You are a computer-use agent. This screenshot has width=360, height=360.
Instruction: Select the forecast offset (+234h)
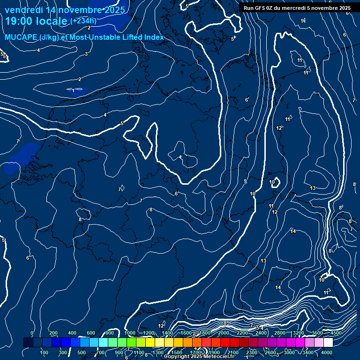(83, 21)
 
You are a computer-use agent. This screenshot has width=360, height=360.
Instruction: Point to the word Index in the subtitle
(153, 37)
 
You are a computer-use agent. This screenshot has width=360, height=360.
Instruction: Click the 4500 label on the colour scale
(337, 333)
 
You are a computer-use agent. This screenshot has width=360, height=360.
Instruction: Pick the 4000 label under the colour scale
(327, 352)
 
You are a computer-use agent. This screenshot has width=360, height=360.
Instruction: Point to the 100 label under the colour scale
(45, 352)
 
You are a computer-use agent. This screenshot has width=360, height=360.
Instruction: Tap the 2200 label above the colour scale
(242, 333)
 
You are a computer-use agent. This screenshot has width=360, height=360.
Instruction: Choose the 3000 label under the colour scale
(290, 352)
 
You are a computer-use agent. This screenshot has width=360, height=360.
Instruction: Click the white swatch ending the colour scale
(328, 343)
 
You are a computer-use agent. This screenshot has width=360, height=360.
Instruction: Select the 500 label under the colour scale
(82, 352)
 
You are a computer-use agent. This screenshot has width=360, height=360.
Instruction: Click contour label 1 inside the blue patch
(74, 90)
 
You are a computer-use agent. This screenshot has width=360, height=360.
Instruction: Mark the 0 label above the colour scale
(32, 333)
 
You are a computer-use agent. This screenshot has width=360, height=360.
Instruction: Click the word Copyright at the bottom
(177, 357)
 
